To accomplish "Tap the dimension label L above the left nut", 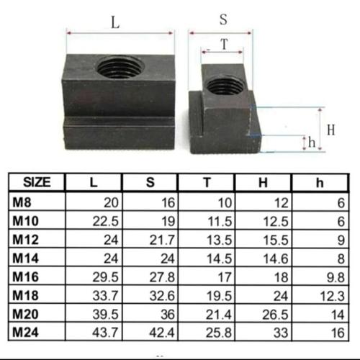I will (x=114, y=22).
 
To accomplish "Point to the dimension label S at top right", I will (x=223, y=21).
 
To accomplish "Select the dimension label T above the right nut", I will (x=223, y=45).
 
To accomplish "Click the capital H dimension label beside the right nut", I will (x=330, y=130).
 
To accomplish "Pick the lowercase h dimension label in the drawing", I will (x=311, y=142).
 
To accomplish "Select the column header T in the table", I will (x=207, y=182).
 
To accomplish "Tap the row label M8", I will (x=23, y=204).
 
